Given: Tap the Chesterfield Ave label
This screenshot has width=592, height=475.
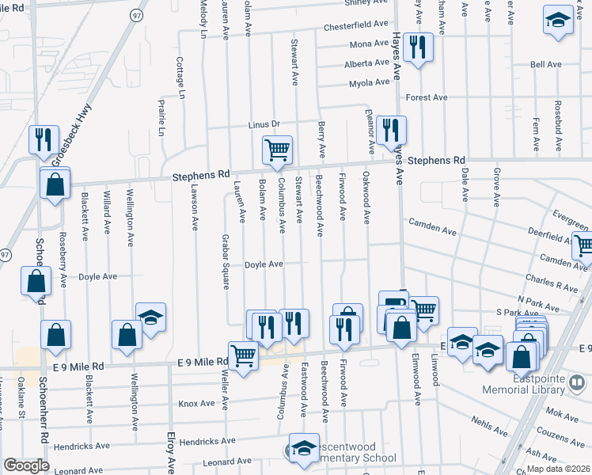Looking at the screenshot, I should point(356,27).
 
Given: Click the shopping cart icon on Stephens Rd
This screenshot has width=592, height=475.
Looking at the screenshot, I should point(277,150).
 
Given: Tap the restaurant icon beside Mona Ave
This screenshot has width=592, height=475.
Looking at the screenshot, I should point(417,47).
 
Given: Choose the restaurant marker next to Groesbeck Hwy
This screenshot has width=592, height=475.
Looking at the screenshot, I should point(43,139).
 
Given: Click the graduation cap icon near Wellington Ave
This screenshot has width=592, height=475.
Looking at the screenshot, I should point(150,317).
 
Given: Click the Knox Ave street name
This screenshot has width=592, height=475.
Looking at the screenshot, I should point(196,403).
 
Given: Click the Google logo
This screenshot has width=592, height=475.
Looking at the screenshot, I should point(26,465).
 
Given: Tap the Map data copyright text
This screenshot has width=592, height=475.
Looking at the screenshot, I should point(559,469).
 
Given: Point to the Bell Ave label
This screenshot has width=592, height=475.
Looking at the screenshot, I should point(545,64).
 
